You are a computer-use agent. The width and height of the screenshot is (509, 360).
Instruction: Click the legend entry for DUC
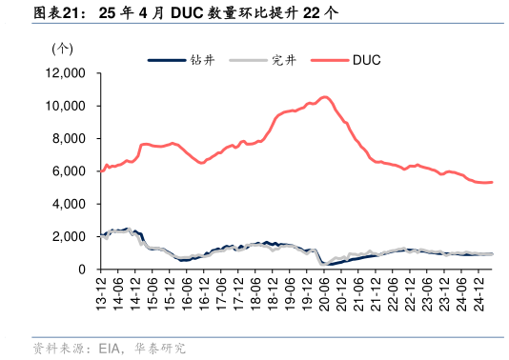pyautogui.click(x=367, y=60)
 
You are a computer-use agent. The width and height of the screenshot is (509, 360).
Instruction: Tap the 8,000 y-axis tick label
pyautogui.click(x=70, y=139)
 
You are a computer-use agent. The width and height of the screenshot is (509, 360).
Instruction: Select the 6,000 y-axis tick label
pyautogui.click(x=70, y=171)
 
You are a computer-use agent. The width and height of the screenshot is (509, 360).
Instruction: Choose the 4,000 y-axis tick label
pyautogui.click(x=70, y=204)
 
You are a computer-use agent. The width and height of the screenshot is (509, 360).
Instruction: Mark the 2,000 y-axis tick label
pyautogui.click(x=70, y=237)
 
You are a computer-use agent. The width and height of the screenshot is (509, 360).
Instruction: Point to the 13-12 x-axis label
pyautogui.click(x=102, y=290)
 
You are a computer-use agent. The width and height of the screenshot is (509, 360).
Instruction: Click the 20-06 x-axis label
pyautogui.click(x=323, y=290)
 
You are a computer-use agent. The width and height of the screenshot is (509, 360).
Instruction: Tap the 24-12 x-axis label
pyautogui.click(x=478, y=290)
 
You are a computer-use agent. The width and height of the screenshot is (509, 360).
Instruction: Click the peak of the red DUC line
pyautogui.click(x=325, y=96)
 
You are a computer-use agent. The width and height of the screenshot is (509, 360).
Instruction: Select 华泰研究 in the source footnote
pyautogui.click(x=159, y=349)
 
